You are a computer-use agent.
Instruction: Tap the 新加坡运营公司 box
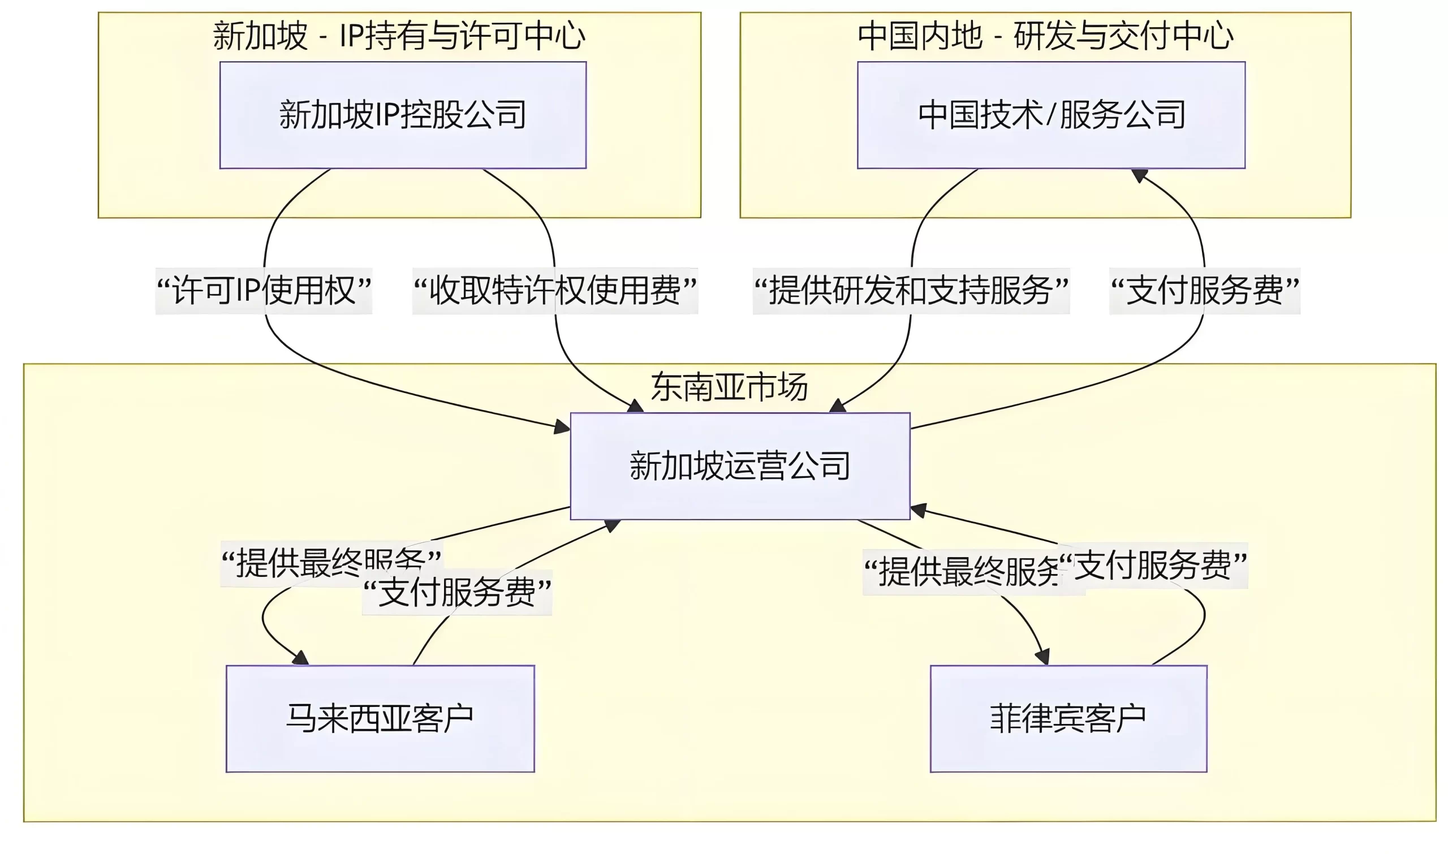[739, 465]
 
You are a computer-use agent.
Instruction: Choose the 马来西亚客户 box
[380, 718]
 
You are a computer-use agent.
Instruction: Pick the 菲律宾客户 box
[1068, 718]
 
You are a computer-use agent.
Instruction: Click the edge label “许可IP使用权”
[264, 291]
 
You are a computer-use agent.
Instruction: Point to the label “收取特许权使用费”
[555, 291]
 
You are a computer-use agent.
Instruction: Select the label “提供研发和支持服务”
[911, 291]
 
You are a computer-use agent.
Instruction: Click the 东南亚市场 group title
[729, 387]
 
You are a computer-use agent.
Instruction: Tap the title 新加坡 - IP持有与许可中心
[399, 36]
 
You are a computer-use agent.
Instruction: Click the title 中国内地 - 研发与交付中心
[1045, 36]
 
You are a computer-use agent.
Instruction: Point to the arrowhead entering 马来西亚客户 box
[301, 658]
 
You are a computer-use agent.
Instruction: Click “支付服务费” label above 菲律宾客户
[1153, 566]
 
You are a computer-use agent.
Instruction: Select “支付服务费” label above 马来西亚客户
[457, 592]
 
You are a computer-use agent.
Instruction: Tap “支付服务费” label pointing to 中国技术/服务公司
[1204, 291]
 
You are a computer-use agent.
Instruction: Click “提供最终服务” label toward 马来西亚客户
[331, 563]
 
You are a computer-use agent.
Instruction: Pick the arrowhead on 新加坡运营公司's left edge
[562, 428]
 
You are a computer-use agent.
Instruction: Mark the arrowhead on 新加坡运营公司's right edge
[919, 510]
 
